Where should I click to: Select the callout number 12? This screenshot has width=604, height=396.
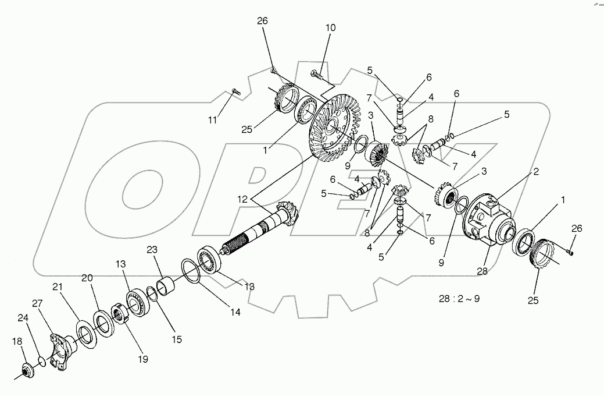(x=242, y=199)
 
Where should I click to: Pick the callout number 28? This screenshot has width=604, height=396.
(x=481, y=270)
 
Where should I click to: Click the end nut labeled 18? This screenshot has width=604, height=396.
(x=26, y=371)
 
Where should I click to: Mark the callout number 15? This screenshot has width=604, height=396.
(x=175, y=338)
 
